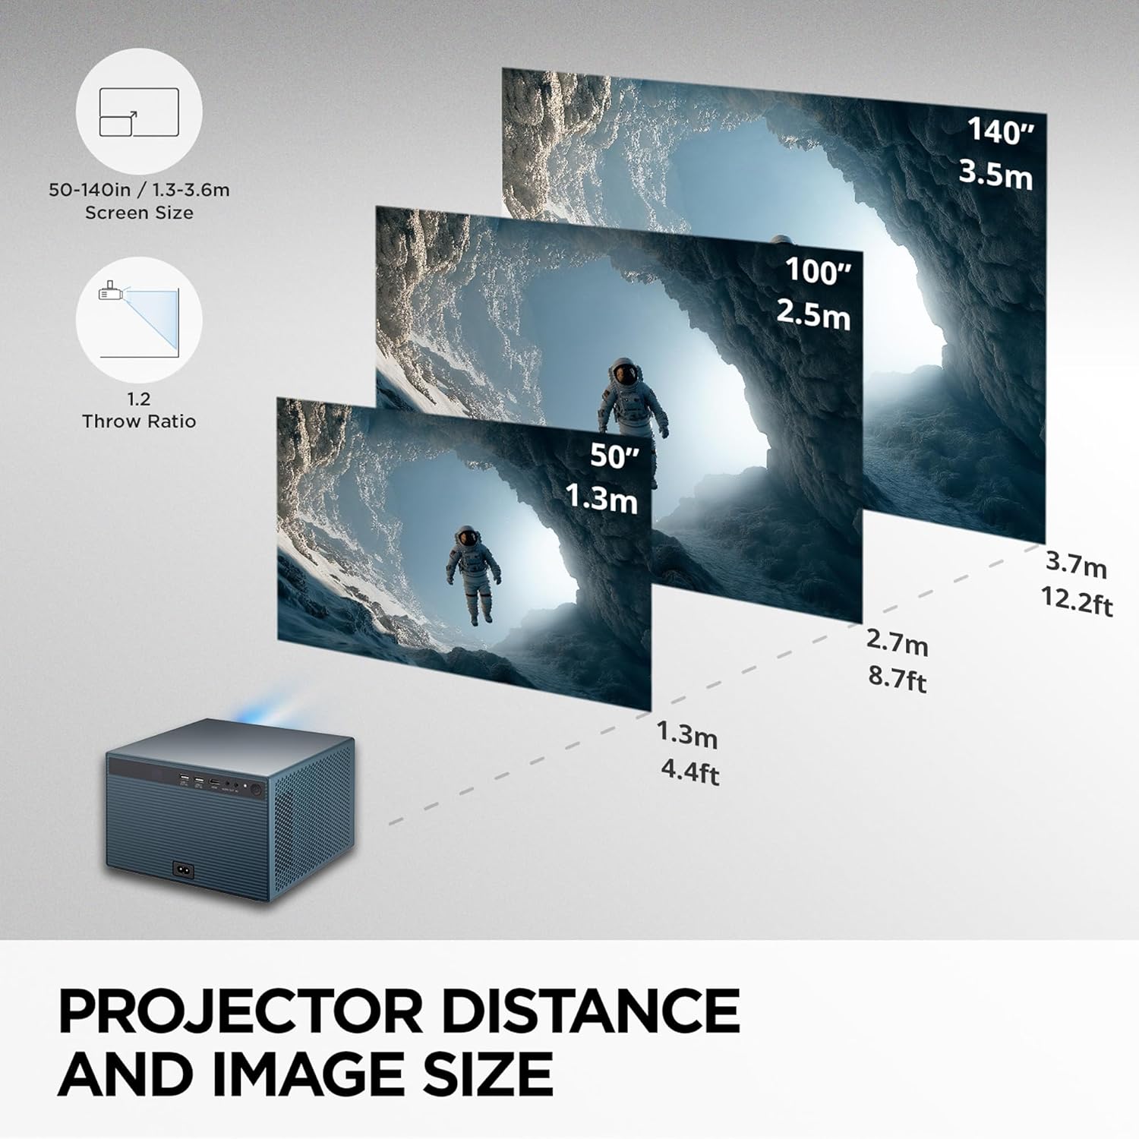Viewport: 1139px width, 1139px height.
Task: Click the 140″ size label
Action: tap(1001, 131)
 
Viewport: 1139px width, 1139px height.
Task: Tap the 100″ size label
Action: tap(818, 271)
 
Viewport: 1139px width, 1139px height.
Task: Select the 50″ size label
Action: tap(614, 456)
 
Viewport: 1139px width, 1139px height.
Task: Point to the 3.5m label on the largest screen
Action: tap(995, 174)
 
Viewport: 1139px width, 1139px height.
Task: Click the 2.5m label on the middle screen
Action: tap(813, 313)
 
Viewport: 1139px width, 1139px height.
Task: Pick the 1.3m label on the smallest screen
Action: tap(601, 498)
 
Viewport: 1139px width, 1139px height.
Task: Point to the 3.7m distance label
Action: tap(1076, 563)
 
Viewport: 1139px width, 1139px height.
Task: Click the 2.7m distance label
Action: tap(897, 642)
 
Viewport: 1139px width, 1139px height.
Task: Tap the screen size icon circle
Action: tap(139, 112)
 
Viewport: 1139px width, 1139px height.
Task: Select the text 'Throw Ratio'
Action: tap(139, 421)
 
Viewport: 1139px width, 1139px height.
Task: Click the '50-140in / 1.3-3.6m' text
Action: tap(139, 190)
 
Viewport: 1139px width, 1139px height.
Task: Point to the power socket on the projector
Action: tap(184, 869)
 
